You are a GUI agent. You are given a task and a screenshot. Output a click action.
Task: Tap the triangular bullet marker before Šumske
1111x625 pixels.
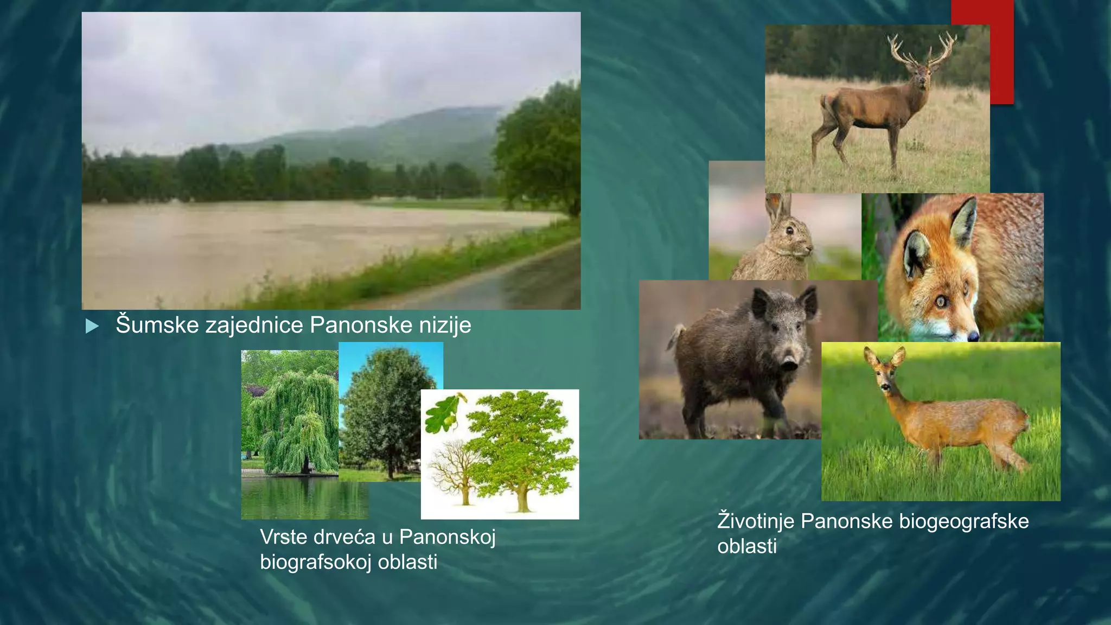[92, 326]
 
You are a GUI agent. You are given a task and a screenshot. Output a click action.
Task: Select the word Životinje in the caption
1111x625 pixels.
[756, 521]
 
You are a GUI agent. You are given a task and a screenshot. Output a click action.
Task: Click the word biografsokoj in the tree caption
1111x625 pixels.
[316, 562]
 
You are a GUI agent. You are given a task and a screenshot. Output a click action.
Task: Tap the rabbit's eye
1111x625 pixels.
[789, 231]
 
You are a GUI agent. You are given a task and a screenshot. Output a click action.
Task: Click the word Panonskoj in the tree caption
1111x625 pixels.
[447, 537]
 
